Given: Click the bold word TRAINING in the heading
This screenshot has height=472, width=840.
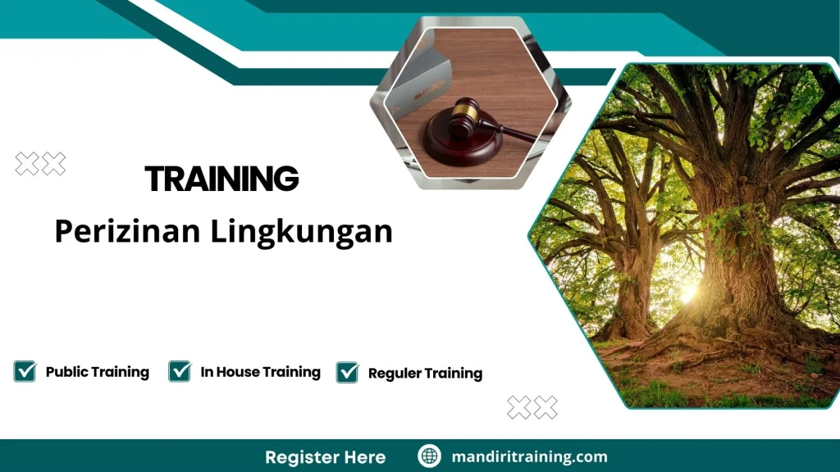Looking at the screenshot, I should point(221,179).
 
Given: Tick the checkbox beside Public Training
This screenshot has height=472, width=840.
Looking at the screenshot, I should point(25,371).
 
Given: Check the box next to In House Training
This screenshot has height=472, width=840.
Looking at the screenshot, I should point(180,371).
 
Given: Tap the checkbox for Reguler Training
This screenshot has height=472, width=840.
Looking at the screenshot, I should point(348,372).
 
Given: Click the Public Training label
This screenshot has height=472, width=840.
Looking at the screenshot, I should point(97,372).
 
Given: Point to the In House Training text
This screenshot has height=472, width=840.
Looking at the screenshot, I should point(260,372).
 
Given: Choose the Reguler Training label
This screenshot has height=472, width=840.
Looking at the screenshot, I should point(425,374).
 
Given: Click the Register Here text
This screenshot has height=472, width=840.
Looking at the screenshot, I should point(325,456).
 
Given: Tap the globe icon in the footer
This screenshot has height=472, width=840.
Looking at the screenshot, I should point(429,456).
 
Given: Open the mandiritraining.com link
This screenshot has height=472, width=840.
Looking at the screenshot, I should point(529,456).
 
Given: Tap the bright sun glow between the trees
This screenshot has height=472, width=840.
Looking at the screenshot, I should point(687,293).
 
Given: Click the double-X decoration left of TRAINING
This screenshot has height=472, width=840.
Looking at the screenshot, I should point(40,164).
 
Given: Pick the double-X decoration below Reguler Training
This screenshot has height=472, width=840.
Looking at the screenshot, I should point(532,407).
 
